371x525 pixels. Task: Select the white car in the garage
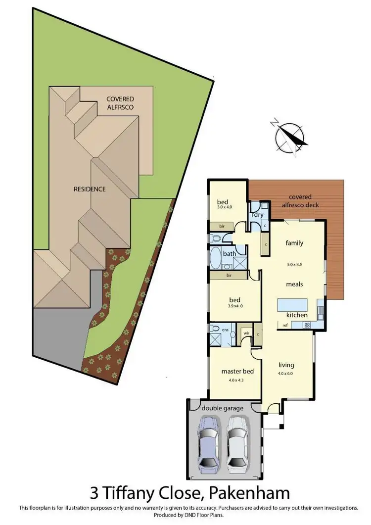pos(238,441)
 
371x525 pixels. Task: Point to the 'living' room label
pos(286,366)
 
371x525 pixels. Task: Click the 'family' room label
pos(294,243)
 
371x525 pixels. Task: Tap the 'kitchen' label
pos(297,315)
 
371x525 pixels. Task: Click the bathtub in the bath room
pos(216,258)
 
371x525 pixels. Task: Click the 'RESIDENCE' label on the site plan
pos(90,189)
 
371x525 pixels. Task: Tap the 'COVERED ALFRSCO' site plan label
pos(120,102)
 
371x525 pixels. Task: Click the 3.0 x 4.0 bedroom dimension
pos(225,208)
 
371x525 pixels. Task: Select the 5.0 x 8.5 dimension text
pos(294,265)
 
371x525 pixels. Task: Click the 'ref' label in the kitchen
pos(285,325)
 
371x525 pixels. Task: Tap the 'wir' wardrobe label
pos(245,333)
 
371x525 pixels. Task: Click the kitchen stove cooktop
pos(306,325)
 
